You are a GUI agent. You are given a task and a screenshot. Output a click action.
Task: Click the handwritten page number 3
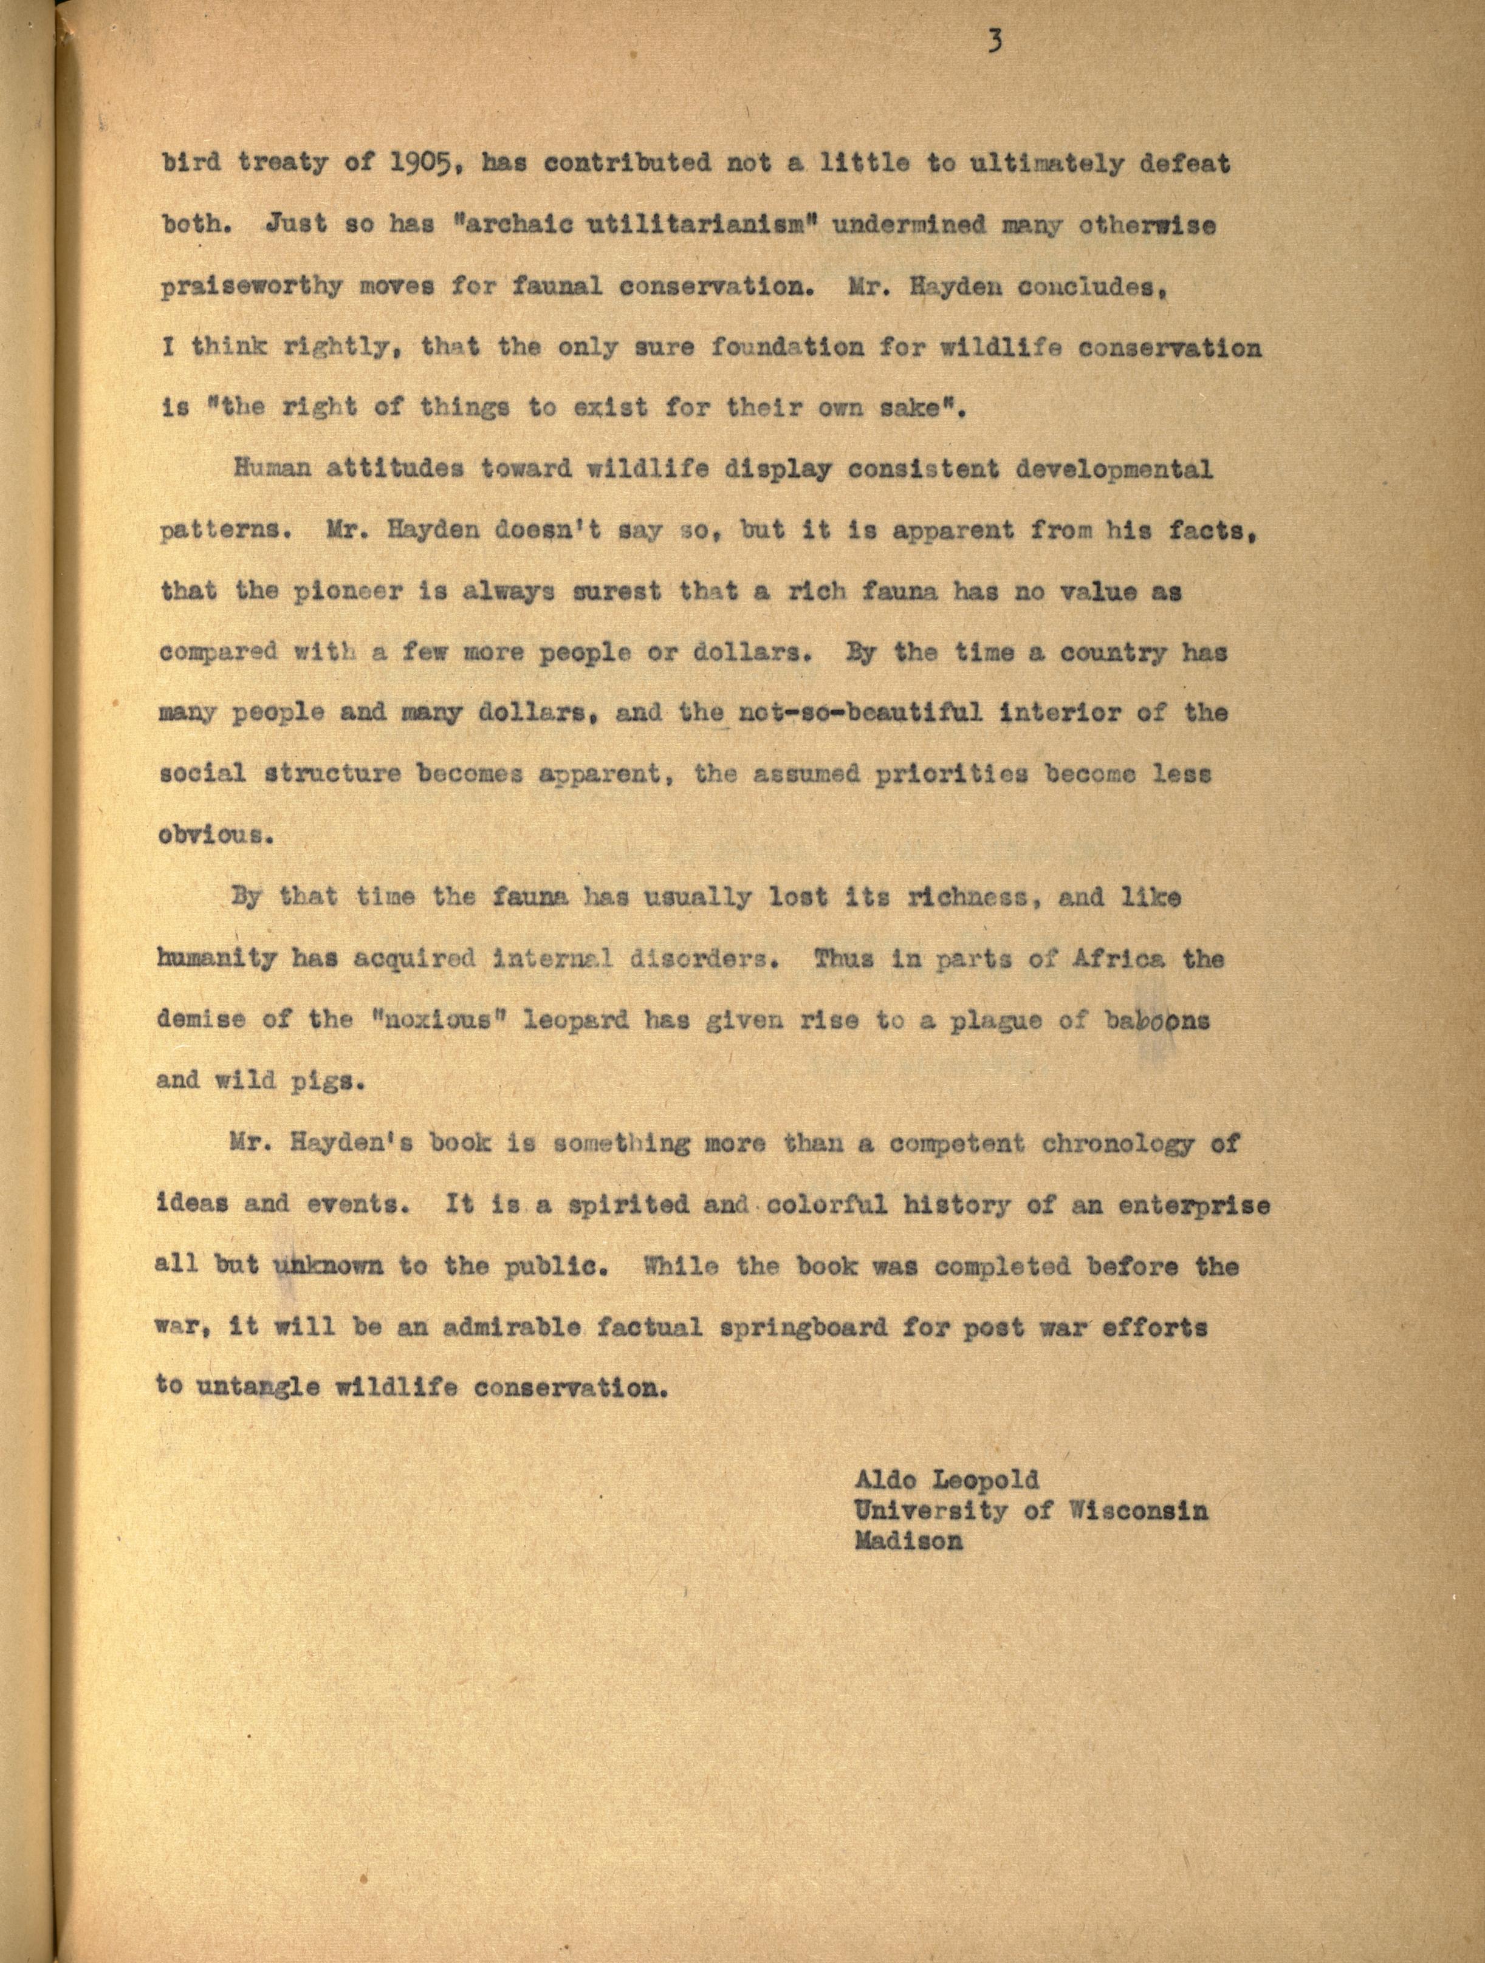(993, 42)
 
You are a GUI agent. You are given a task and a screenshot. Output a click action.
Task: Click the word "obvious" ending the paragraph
(210, 835)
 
